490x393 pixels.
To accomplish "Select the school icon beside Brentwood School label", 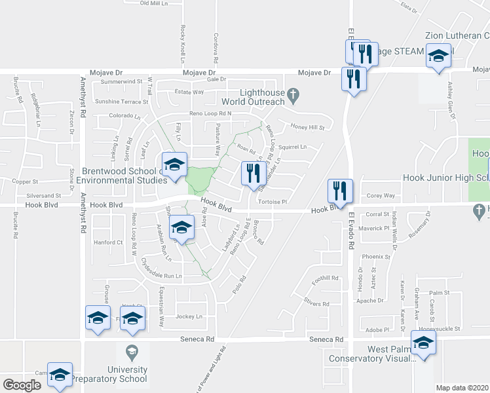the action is pos(174,166).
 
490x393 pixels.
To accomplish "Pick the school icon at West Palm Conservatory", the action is pos(423,344).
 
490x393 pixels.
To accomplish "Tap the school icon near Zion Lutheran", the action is pos(438,56).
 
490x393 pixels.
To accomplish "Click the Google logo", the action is pos(22,385).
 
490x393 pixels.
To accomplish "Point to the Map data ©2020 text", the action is pos(462,387).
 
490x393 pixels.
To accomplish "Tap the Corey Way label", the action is pos(380,195).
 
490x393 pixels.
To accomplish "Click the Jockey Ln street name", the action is pos(189,316).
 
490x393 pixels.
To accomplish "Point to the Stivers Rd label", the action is pos(316,304).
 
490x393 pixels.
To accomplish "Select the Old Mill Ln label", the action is pos(155,3).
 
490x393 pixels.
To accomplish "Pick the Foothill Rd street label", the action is pos(325,278).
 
